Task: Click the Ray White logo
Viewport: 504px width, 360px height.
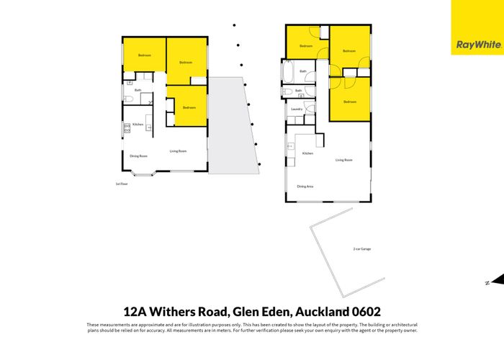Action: (x=477, y=44)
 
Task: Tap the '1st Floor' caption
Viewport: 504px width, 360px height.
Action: (x=121, y=184)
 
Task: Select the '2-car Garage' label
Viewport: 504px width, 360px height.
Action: (x=361, y=249)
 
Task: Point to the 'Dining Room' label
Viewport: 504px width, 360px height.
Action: (x=138, y=156)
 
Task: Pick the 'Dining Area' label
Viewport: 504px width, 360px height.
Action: (x=305, y=186)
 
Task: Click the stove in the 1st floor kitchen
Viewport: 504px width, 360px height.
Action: (x=127, y=128)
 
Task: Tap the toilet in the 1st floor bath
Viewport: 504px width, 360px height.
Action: (x=129, y=99)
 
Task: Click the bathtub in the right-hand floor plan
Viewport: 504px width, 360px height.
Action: (x=288, y=72)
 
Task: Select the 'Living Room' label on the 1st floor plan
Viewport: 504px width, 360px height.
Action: (x=178, y=151)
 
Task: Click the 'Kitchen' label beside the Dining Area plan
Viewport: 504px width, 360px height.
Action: (x=307, y=153)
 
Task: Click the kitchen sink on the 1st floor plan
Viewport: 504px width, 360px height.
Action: (x=149, y=127)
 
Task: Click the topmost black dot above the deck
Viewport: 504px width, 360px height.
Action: (x=233, y=25)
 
